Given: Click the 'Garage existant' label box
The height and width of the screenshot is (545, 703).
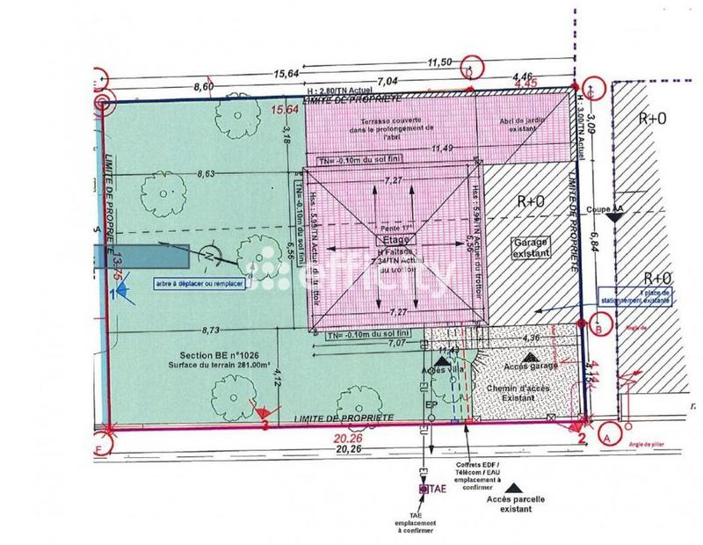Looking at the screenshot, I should point(529,246).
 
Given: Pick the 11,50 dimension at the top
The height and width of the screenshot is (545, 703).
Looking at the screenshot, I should point(439,63).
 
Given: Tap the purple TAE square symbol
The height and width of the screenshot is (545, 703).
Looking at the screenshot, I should point(424,490).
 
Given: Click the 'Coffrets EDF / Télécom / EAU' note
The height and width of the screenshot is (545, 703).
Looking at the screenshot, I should point(478,470).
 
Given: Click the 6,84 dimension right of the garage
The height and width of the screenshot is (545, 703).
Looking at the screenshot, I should point(595,238).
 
